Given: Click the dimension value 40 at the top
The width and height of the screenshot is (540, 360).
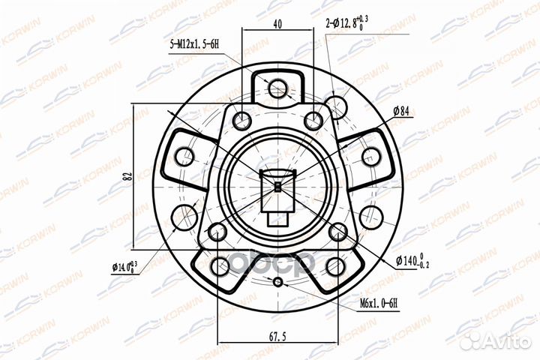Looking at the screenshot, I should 278,24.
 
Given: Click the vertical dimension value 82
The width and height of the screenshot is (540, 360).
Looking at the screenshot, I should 127,176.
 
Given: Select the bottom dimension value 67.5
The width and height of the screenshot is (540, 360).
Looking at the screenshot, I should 278,337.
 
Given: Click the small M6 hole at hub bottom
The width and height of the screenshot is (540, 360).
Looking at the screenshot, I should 278,283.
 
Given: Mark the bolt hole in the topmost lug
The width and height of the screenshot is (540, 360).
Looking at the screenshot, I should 278,86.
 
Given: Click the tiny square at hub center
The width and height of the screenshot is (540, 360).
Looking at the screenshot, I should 278,186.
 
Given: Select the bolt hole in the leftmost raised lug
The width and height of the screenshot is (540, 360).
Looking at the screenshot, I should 183,156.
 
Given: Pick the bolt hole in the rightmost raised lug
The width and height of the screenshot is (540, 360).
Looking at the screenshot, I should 373,156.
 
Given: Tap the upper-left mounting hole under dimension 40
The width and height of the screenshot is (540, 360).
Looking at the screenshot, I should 241,120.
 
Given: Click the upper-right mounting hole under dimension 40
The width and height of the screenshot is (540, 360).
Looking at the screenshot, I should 315,120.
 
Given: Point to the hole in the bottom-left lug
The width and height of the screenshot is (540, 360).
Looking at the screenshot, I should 220,267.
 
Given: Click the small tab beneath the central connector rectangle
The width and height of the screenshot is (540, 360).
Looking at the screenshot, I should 278,220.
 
